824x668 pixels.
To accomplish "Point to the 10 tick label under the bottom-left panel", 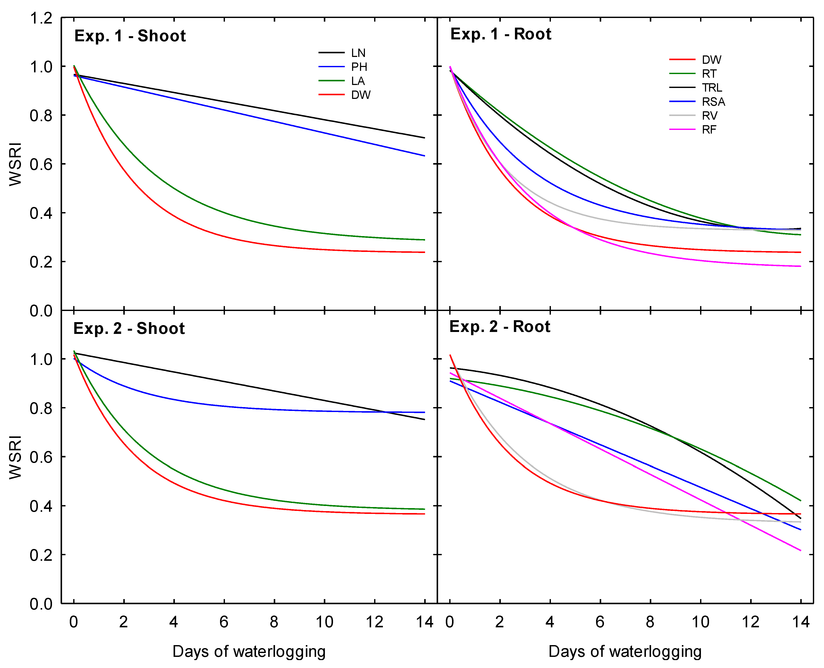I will click(x=324, y=622).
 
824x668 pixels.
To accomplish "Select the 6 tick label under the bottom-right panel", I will click(x=600, y=622).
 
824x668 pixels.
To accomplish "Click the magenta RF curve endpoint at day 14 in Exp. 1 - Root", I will click(x=800, y=266).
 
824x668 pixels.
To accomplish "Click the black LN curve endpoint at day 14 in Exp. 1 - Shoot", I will click(x=424, y=137).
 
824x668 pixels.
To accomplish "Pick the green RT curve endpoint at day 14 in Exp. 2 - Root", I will click(x=800, y=501).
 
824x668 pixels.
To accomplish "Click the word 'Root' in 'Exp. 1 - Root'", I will click(x=532, y=34).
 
